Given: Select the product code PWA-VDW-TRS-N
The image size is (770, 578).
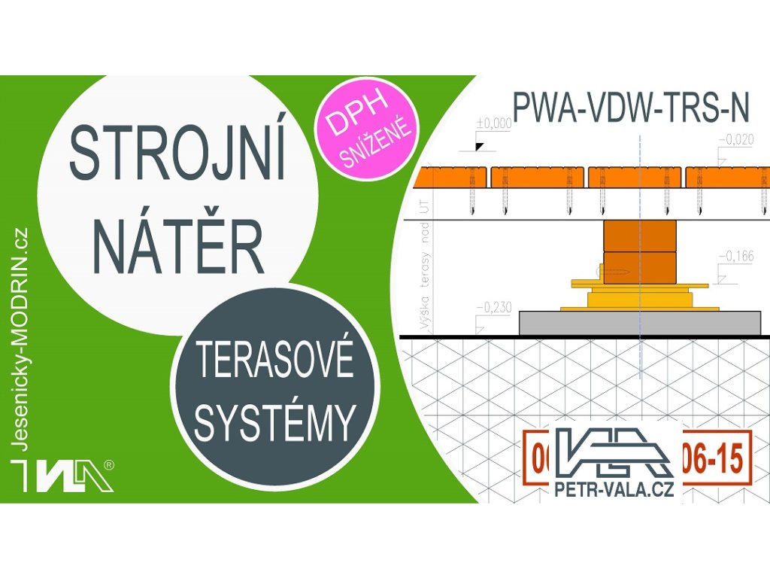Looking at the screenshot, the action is click(x=630, y=108).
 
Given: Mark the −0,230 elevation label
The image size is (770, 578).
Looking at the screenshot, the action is click(x=494, y=306).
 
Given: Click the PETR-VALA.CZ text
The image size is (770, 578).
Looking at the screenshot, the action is click(x=614, y=490).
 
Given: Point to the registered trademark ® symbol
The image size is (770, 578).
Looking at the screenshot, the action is click(x=111, y=465).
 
